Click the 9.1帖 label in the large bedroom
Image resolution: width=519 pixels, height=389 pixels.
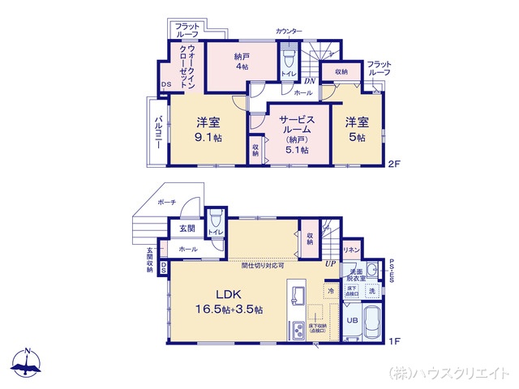[208, 139]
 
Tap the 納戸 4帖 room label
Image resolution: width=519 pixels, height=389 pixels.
[241, 67]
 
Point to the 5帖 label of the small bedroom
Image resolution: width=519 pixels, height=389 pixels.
[357, 139]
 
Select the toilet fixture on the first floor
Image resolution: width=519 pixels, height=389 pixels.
[216, 222]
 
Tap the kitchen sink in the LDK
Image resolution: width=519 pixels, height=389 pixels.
[296, 293]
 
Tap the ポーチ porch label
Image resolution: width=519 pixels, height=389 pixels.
[167, 202]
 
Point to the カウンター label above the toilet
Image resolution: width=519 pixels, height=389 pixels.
[289, 31]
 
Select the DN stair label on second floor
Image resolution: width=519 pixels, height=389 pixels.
[308, 80]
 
